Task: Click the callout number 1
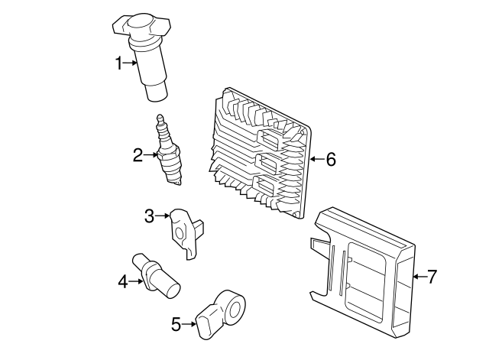click(119, 63)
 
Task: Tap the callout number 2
click(138, 156)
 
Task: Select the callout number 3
click(150, 216)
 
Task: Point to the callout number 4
click(123, 282)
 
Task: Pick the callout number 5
click(176, 325)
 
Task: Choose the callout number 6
click(330, 160)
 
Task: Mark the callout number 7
click(432, 277)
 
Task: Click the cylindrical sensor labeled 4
click(157, 276)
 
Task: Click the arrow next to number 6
click(316, 160)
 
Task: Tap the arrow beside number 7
click(419, 277)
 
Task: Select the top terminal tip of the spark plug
click(160, 118)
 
